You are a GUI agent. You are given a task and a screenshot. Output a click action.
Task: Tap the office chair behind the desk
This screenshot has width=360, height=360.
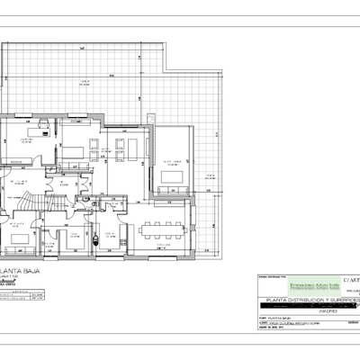(x=37, y=130)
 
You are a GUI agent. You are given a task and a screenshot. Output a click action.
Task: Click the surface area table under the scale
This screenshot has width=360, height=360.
(x=22, y=299)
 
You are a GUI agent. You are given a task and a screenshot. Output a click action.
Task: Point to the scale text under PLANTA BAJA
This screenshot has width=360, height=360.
(x=13, y=276)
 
